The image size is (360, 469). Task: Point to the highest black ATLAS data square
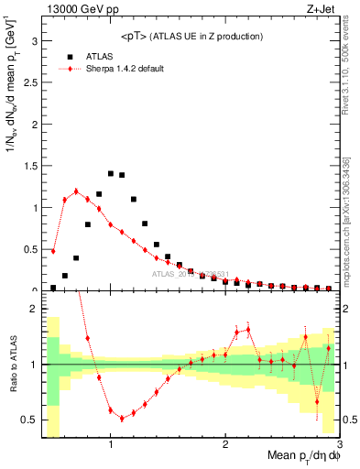coord(111,173)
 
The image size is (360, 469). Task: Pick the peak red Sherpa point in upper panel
coord(76,191)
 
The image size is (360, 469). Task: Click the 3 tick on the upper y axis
coord(33,41)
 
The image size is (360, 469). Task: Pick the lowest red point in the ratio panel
coord(122,419)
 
